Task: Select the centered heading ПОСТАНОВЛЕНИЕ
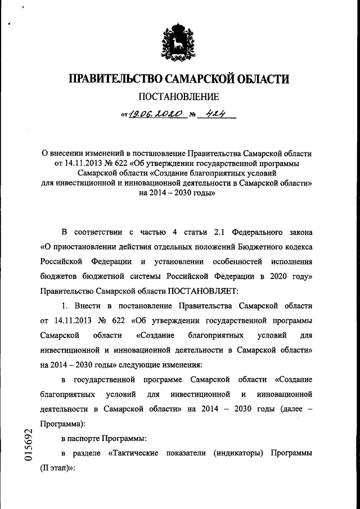tap(179, 96)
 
